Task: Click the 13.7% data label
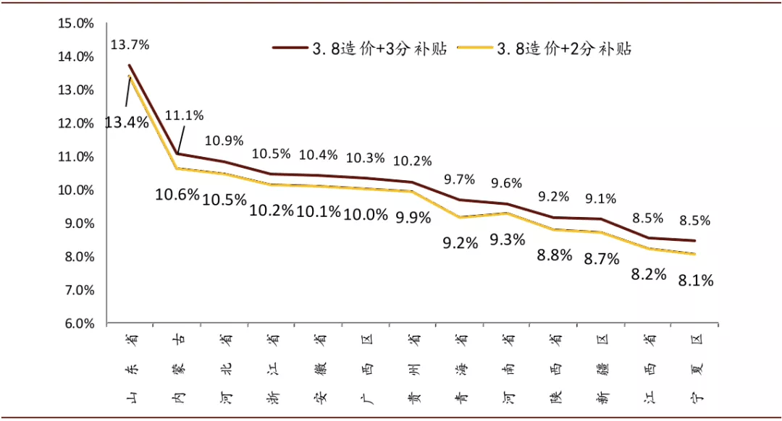tap(130, 45)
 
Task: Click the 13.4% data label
tap(126, 122)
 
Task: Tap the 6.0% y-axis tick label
tap(77, 323)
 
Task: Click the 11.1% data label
tap(184, 116)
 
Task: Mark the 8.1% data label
tap(695, 280)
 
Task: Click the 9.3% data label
tap(506, 240)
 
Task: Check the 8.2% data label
tap(648, 273)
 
